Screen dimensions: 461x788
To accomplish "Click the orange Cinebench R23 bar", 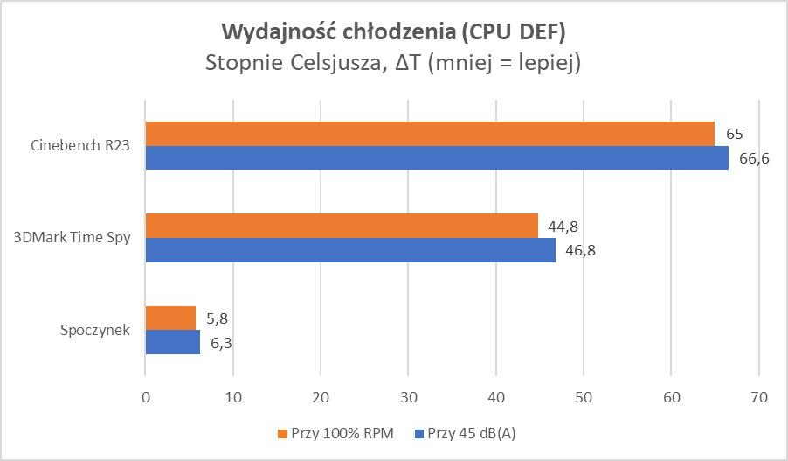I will point(430,134).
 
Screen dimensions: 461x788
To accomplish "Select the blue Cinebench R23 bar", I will point(437,158).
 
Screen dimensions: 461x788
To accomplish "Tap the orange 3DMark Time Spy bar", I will point(342,226).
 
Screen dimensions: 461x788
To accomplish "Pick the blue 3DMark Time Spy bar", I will point(350,250).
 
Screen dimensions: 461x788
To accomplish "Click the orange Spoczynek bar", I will point(170,318).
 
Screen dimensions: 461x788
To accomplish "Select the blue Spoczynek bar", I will point(173,343).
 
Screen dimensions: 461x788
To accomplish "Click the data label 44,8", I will point(564,227).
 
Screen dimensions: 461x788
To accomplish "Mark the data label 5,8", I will point(216,319).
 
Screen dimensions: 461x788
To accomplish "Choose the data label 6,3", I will point(220,344).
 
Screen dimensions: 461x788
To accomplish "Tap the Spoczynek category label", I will point(95,331).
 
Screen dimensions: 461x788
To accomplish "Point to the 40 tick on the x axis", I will point(495,397).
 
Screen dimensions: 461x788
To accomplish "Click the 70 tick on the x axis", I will point(758,397).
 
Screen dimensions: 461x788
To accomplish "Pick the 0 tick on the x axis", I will point(145,397).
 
